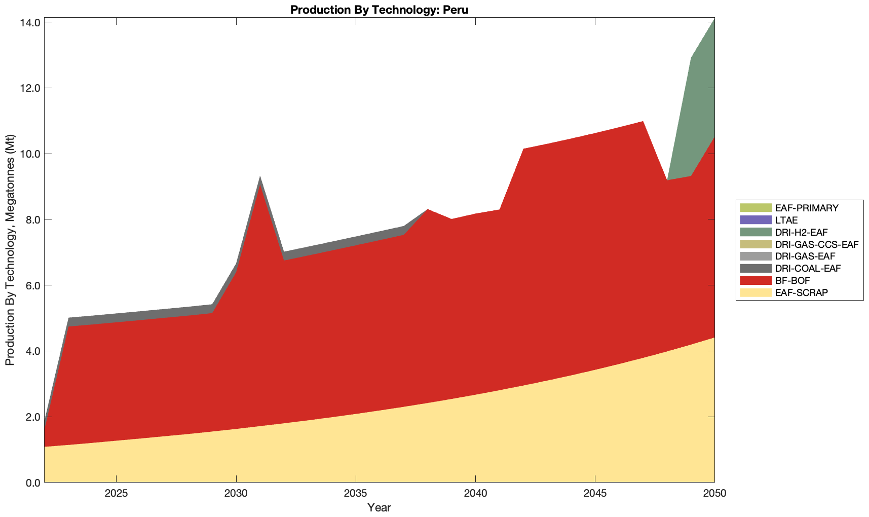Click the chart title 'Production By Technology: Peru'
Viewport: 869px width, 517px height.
tap(379, 10)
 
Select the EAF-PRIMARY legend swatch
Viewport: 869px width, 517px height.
tap(755, 208)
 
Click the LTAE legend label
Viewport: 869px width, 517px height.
tap(786, 220)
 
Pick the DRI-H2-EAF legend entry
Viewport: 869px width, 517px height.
tap(801, 232)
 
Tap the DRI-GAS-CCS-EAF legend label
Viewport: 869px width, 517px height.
tap(816, 244)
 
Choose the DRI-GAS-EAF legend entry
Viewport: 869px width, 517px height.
tap(805, 256)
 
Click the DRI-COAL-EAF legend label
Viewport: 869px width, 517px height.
tap(808, 268)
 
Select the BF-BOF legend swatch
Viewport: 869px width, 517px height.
tap(755, 280)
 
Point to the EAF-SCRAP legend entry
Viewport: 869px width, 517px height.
tap(801, 292)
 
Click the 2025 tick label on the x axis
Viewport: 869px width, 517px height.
tap(116, 494)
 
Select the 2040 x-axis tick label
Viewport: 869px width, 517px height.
tap(475, 494)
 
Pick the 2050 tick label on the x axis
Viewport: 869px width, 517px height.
tap(714, 494)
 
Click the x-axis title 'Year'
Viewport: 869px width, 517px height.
tap(379, 507)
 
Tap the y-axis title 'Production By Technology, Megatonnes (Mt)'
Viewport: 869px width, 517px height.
tap(10, 250)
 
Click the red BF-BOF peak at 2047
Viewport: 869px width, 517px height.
tap(643, 123)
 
